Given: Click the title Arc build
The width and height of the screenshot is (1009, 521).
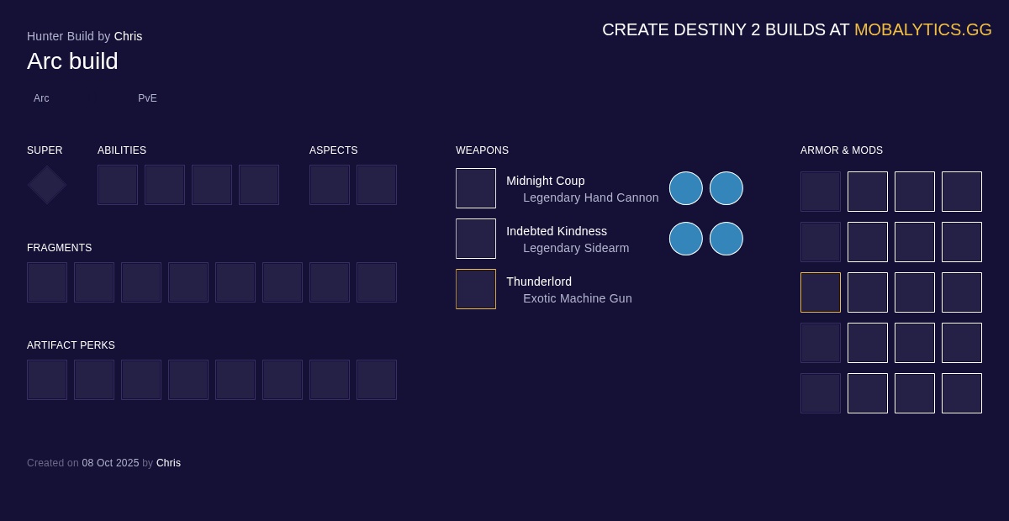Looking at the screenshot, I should [x=72, y=61].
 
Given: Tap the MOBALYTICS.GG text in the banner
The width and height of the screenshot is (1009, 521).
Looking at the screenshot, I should [x=922, y=29].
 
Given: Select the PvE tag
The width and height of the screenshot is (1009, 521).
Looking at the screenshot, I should [x=147, y=98].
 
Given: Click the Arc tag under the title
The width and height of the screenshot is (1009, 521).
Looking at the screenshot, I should [x=41, y=98].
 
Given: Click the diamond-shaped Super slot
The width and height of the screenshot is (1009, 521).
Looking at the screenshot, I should [x=47, y=185].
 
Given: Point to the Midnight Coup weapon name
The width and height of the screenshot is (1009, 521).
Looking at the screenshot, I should [x=545, y=181].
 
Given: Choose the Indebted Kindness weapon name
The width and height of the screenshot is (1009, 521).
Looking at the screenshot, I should [x=556, y=231].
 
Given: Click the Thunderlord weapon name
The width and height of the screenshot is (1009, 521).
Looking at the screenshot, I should [x=538, y=282].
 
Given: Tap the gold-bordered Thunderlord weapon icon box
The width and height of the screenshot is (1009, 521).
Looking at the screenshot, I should [x=476, y=289].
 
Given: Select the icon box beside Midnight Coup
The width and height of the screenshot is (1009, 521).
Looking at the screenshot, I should [x=476, y=188].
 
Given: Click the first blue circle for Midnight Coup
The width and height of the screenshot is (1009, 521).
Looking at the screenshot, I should [x=686, y=188].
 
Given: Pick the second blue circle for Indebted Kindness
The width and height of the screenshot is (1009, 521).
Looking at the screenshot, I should [x=726, y=239].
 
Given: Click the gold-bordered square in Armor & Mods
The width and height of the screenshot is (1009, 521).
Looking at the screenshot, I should [x=821, y=292].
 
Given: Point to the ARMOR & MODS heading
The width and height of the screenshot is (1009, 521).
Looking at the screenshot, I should [x=841, y=150].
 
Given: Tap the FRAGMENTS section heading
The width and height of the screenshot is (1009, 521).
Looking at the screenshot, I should [x=59, y=248].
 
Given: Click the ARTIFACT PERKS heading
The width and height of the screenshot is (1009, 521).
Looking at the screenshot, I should [x=71, y=345].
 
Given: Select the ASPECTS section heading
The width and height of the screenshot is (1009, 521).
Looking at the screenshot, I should [x=333, y=150].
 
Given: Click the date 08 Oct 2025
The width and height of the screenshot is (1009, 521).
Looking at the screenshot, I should [x=110, y=463].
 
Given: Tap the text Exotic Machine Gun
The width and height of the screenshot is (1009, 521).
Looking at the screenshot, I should [x=577, y=298].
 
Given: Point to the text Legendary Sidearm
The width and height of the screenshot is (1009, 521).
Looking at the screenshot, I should [x=575, y=248].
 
